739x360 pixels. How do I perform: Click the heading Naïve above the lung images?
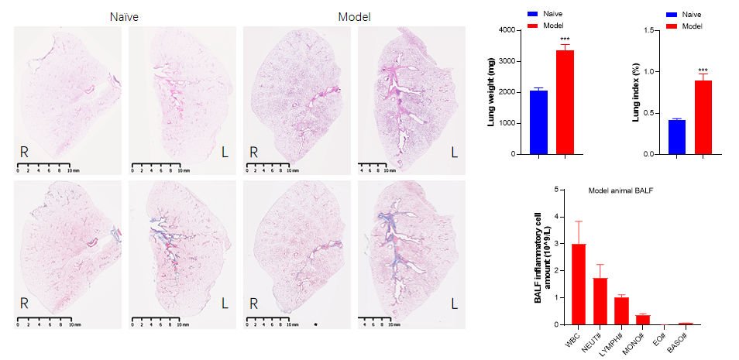pyautogui.click(x=124, y=16)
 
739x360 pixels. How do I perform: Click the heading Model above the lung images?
pyautogui.click(x=354, y=16)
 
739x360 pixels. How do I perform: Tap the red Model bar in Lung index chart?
pyautogui.click(x=703, y=117)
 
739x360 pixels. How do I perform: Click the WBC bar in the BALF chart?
pyautogui.click(x=579, y=284)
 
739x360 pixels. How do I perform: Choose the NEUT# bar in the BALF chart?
pyautogui.click(x=600, y=301)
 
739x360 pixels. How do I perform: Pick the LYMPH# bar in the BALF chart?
pyautogui.click(x=621, y=310)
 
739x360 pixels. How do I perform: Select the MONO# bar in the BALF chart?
pyautogui.click(x=643, y=320)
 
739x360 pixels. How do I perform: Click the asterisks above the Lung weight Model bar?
pyautogui.click(x=565, y=39)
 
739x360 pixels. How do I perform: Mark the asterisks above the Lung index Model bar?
pyautogui.click(x=703, y=70)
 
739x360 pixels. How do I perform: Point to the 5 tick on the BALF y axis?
pyautogui.click(x=558, y=190)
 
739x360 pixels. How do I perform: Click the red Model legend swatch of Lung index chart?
pyautogui.click(x=672, y=26)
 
